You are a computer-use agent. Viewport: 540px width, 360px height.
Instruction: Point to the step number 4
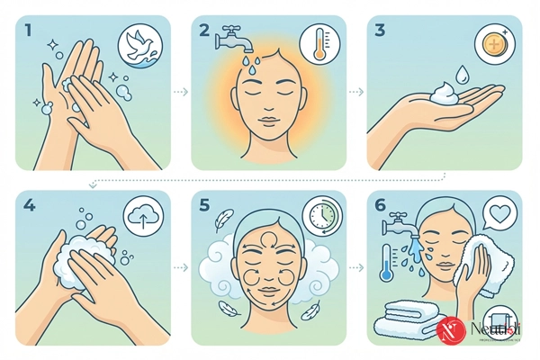30,206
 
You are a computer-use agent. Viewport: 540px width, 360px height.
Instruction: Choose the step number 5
205,206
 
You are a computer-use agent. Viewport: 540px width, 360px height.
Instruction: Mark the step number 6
381,206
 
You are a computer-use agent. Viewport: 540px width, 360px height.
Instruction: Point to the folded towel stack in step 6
409,316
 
